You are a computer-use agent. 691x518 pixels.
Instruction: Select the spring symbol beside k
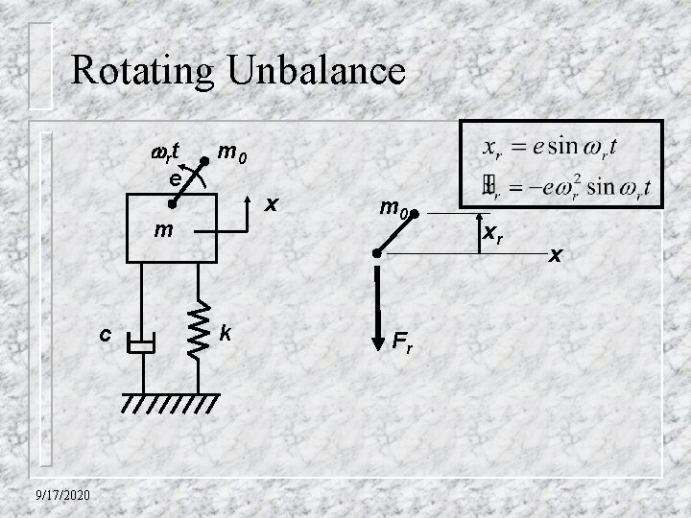(x=200, y=331)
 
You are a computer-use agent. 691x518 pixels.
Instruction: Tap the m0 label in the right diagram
(x=393, y=205)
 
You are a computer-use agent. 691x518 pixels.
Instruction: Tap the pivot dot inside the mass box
(x=171, y=203)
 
